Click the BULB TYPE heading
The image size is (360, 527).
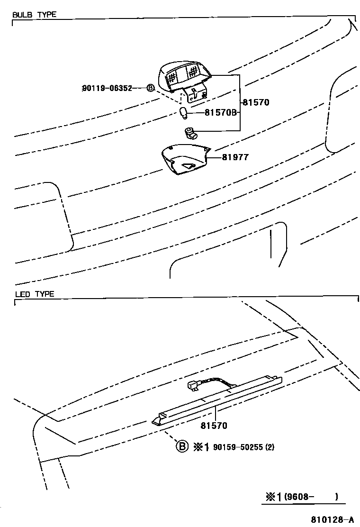coord(34,15)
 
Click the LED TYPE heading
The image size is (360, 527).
coord(35,294)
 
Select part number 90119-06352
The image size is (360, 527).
coord(106,88)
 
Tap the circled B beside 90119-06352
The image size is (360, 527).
coord(150,88)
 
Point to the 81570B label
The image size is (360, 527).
coord(220,113)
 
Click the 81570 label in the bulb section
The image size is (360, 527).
coord(256,102)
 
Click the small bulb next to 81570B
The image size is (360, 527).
coord(184,113)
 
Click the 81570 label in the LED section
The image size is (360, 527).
coord(214,426)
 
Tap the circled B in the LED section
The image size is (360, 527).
coord(182,446)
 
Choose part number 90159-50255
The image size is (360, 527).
coord(237,447)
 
